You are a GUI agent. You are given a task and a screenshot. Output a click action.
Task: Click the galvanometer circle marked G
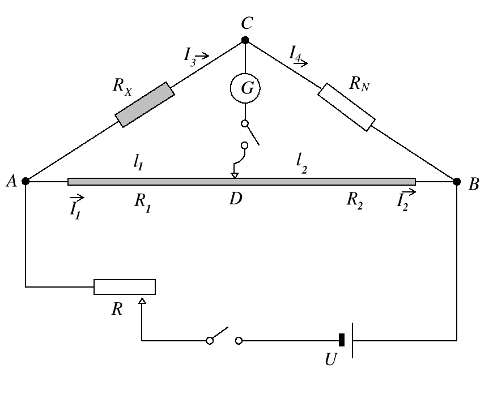tap(245, 87)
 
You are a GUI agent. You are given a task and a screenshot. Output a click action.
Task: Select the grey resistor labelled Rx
tap(144, 104)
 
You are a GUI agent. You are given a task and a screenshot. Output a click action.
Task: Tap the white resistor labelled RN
tap(346, 108)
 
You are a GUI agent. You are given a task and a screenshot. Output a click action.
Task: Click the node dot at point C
tap(245, 40)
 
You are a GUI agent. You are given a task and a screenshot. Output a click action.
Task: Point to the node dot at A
tap(25, 181)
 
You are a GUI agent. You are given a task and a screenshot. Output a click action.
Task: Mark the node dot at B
tap(457, 181)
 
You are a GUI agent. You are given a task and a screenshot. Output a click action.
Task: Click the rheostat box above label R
tap(124, 286)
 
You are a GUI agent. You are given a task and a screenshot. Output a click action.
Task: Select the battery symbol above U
tap(347, 340)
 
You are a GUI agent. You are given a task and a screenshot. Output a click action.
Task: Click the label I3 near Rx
tap(191, 55)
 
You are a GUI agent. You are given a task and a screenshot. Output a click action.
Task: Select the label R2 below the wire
tap(356, 201)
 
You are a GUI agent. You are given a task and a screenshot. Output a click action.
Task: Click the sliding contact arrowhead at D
tap(234, 175)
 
